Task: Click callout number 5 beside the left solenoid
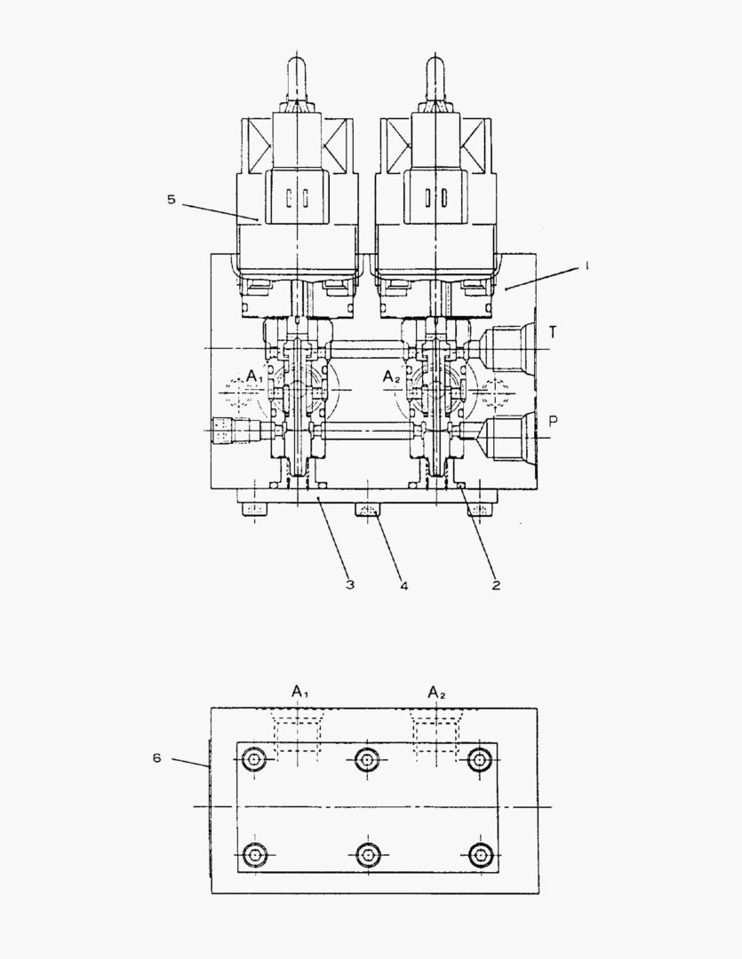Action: (x=172, y=200)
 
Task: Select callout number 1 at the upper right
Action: (x=586, y=266)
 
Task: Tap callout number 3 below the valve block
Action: (x=349, y=584)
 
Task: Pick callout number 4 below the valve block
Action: (x=404, y=585)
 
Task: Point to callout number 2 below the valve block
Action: (x=496, y=584)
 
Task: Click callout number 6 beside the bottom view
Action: (x=156, y=757)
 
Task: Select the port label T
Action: (x=553, y=332)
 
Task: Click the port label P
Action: (x=553, y=421)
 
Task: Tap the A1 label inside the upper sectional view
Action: (x=255, y=376)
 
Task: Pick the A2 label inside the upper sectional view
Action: (x=391, y=376)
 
